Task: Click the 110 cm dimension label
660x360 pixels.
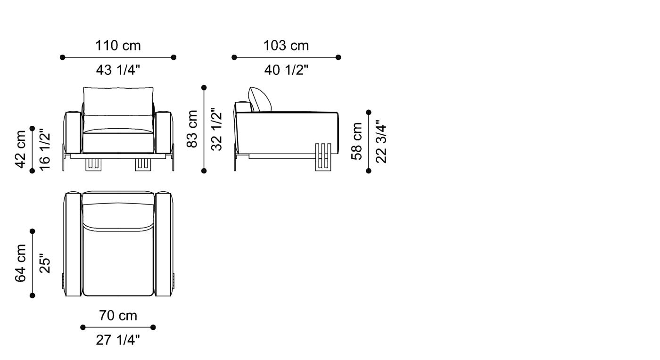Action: (118, 46)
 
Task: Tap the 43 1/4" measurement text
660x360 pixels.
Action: (118, 70)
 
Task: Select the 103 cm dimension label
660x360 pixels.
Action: (286, 46)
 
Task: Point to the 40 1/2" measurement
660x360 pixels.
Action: (286, 70)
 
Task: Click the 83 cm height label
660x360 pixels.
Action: (192, 129)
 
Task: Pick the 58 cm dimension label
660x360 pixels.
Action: (356, 141)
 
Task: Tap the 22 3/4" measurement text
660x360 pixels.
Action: (381, 141)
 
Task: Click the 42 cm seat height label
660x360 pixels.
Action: (21, 149)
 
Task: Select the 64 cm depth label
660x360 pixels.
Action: (21, 263)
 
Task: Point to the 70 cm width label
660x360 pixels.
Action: (118, 316)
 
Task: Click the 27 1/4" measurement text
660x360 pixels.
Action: (118, 340)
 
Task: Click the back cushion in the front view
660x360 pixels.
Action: (118, 101)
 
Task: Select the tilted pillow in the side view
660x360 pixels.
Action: (260, 99)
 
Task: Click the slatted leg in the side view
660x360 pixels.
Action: (323, 157)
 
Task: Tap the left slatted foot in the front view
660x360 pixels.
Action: (93, 165)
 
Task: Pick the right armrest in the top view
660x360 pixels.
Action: (164, 244)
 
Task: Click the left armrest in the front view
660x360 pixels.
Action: (73, 132)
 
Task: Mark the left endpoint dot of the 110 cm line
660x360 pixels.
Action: (62, 57)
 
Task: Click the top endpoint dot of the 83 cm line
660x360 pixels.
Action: (204, 88)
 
